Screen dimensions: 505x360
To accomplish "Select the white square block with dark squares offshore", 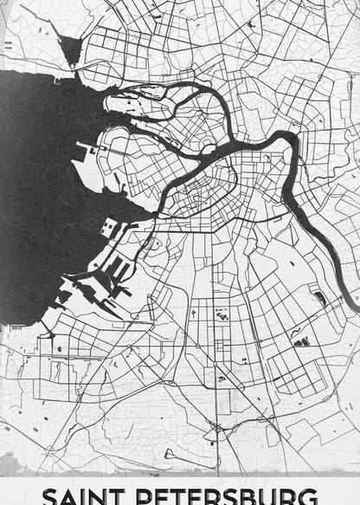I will point(109,230).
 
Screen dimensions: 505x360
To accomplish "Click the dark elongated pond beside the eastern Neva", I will point(320,298).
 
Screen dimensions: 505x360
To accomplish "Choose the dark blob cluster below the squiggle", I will point(302,342).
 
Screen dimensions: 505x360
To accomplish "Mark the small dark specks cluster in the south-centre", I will point(220,317).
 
